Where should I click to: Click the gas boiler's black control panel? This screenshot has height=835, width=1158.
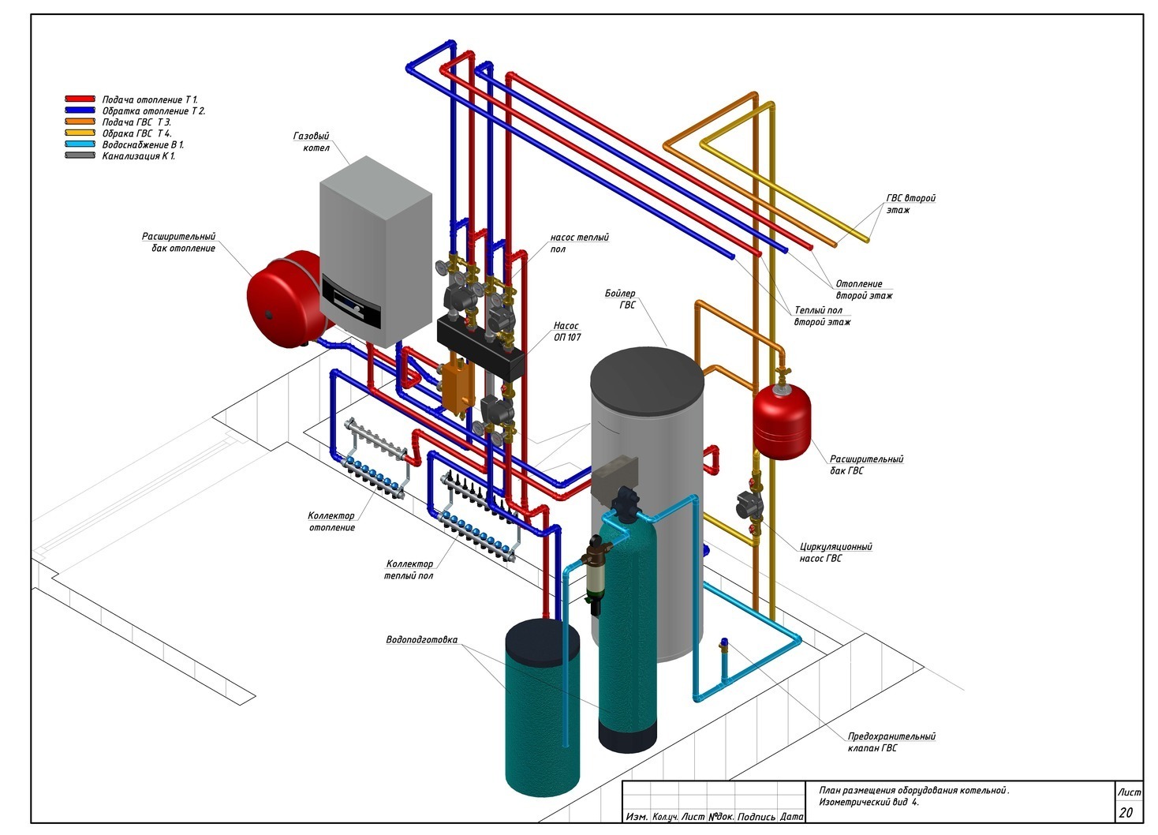[352, 302]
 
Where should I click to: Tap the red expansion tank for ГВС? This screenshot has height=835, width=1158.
[781, 420]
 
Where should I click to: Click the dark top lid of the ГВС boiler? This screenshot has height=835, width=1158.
[648, 381]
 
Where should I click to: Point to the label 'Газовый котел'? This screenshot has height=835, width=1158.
[312, 142]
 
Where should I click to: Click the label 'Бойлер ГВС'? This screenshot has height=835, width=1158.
[621, 299]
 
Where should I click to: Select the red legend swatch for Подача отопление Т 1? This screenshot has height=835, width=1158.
[80, 99]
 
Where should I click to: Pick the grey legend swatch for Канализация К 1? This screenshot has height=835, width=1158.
[80, 155]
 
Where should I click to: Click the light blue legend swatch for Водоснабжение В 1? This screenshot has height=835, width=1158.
[80, 144]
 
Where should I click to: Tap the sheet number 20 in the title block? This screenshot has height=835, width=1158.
[1126, 813]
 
